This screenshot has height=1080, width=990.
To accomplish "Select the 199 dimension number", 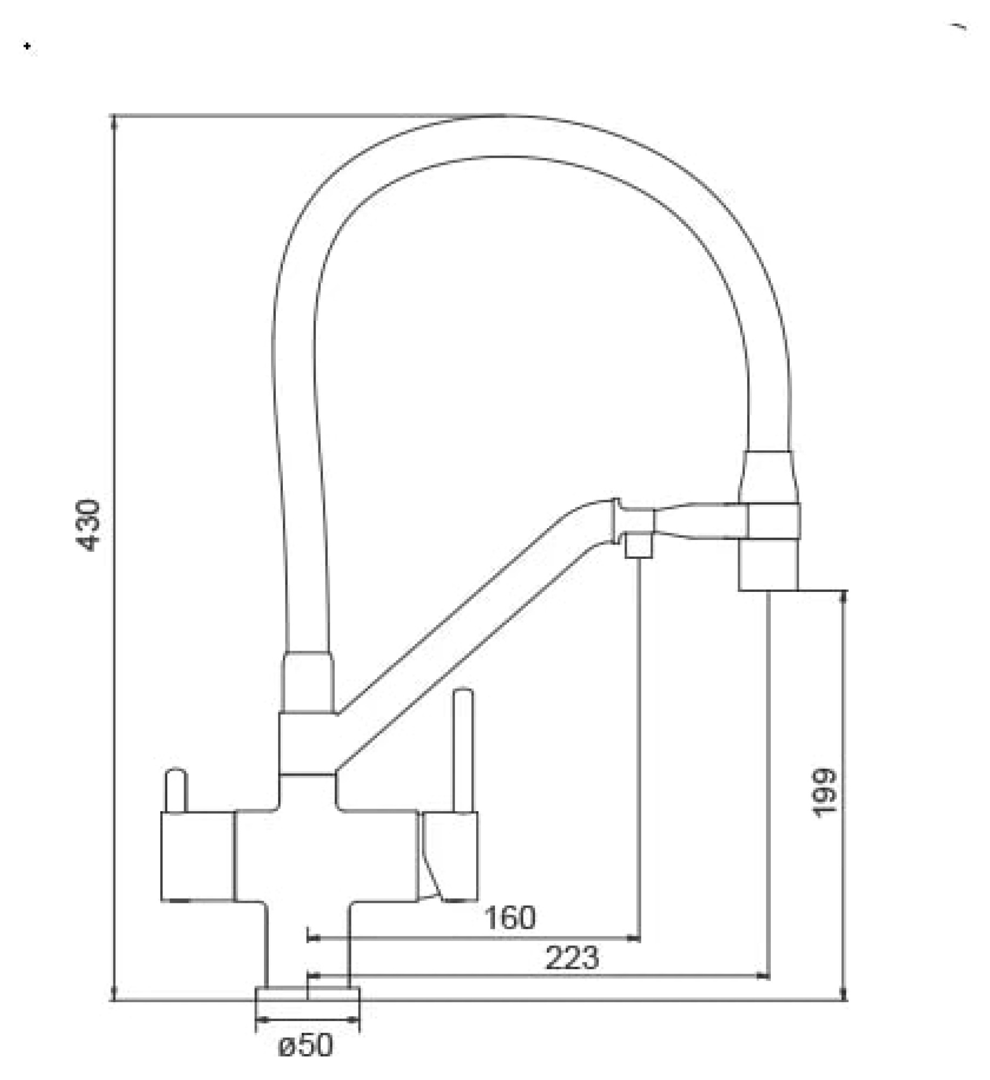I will point(824,793).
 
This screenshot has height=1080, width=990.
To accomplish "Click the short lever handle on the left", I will point(175,789).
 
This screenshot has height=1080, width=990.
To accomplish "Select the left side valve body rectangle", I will point(198,855).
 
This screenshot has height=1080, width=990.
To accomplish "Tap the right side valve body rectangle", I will point(450,855).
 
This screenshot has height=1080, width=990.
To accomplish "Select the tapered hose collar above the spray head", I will point(768,477).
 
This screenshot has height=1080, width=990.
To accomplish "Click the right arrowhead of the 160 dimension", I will point(635,939).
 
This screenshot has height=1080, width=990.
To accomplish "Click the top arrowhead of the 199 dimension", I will point(844,596).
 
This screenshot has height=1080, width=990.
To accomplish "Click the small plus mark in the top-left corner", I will point(28,47).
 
